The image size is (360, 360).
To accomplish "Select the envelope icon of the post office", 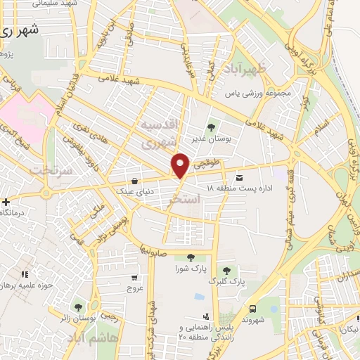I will tap(240, 177).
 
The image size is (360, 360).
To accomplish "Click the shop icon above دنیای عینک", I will tap(134, 180).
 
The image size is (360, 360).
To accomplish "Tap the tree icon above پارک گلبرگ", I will tap(226, 270).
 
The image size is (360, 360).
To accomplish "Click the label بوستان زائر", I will tap(75, 317).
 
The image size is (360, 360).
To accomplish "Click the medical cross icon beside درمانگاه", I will tap(6, 202).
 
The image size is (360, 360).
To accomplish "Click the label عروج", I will tap(135, 287).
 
